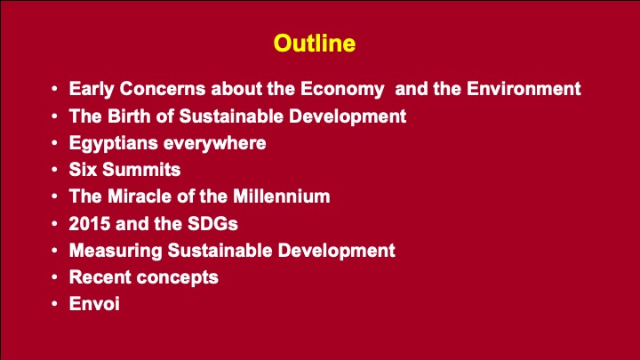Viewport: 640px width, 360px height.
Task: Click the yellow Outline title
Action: (x=315, y=44)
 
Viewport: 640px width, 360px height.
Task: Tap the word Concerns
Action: (x=163, y=89)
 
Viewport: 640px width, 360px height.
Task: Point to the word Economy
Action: (x=342, y=90)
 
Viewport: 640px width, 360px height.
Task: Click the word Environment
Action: (x=524, y=89)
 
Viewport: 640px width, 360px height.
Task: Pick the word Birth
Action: (x=129, y=116)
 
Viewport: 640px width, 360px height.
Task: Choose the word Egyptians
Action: (x=114, y=144)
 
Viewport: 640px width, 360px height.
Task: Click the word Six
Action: (x=83, y=170)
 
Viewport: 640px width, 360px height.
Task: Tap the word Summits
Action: (x=141, y=170)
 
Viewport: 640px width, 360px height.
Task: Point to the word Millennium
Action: (x=281, y=196)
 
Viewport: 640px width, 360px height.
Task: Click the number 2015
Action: (x=90, y=224)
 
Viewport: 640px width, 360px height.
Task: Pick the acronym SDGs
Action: (x=212, y=224)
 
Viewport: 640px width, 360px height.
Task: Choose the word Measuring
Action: (x=116, y=251)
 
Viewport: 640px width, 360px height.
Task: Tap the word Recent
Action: (x=100, y=277)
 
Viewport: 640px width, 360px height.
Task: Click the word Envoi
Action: (x=94, y=304)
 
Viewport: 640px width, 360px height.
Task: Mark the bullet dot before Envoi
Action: (x=55, y=304)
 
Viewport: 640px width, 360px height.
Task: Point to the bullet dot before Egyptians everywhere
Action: (x=55, y=143)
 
